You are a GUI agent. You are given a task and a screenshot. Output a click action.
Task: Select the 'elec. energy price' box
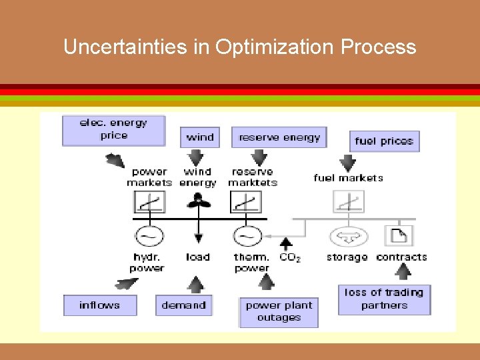click(x=113, y=129)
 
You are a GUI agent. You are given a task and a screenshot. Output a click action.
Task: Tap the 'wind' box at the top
click(x=200, y=137)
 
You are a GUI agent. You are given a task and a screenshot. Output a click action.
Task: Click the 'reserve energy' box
click(x=279, y=137)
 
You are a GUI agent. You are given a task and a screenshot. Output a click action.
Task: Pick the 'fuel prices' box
click(x=384, y=141)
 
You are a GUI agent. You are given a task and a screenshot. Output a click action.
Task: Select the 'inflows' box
click(x=100, y=305)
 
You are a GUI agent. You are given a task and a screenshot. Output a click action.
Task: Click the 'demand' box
click(x=183, y=305)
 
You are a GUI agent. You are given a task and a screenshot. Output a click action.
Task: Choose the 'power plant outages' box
click(x=279, y=311)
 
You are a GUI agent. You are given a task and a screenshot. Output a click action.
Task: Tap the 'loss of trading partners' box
click(x=384, y=299)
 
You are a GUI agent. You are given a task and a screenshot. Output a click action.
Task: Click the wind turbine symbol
click(x=197, y=201)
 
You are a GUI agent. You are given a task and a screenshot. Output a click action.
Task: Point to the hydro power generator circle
click(x=149, y=236)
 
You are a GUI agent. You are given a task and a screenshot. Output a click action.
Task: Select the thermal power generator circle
click(x=247, y=236)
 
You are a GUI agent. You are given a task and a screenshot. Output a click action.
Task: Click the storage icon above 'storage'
click(x=345, y=236)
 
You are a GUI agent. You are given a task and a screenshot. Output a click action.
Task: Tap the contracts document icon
click(x=399, y=235)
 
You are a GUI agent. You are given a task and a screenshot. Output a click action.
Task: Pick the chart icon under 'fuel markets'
click(x=349, y=201)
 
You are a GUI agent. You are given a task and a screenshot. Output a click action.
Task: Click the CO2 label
click(x=290, y=257)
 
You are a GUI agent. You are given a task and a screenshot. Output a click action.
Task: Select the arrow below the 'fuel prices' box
click(x=348, y=163)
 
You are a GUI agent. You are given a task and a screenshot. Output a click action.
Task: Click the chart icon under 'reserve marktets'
click(x=246, y=201)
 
